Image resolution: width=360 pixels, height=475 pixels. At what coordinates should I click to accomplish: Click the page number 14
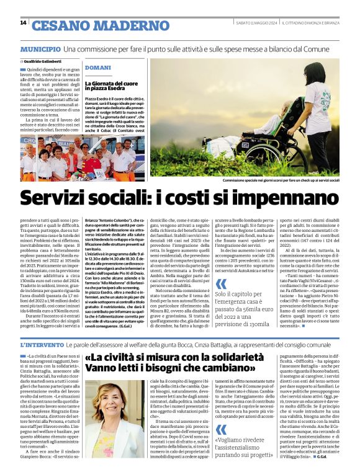(23, 23)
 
